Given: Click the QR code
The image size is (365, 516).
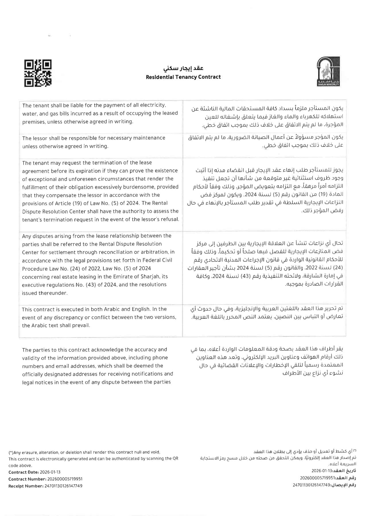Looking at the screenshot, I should click(x=38, y=73).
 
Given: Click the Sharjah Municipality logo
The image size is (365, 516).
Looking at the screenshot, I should click(x=328, y=71).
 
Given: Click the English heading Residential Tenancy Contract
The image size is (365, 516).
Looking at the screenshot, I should click(x=183, y=77).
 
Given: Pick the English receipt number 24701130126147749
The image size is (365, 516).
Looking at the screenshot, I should click(x=63, y=486).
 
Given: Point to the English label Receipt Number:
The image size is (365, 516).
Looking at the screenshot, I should click(x=26, y=486).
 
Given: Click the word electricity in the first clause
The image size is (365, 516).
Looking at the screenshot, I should click(x=153, y=105).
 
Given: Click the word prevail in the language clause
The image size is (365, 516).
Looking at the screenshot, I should click(x=81, y=325).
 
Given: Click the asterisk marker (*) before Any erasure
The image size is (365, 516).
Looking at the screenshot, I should click(x=11, y=452).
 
